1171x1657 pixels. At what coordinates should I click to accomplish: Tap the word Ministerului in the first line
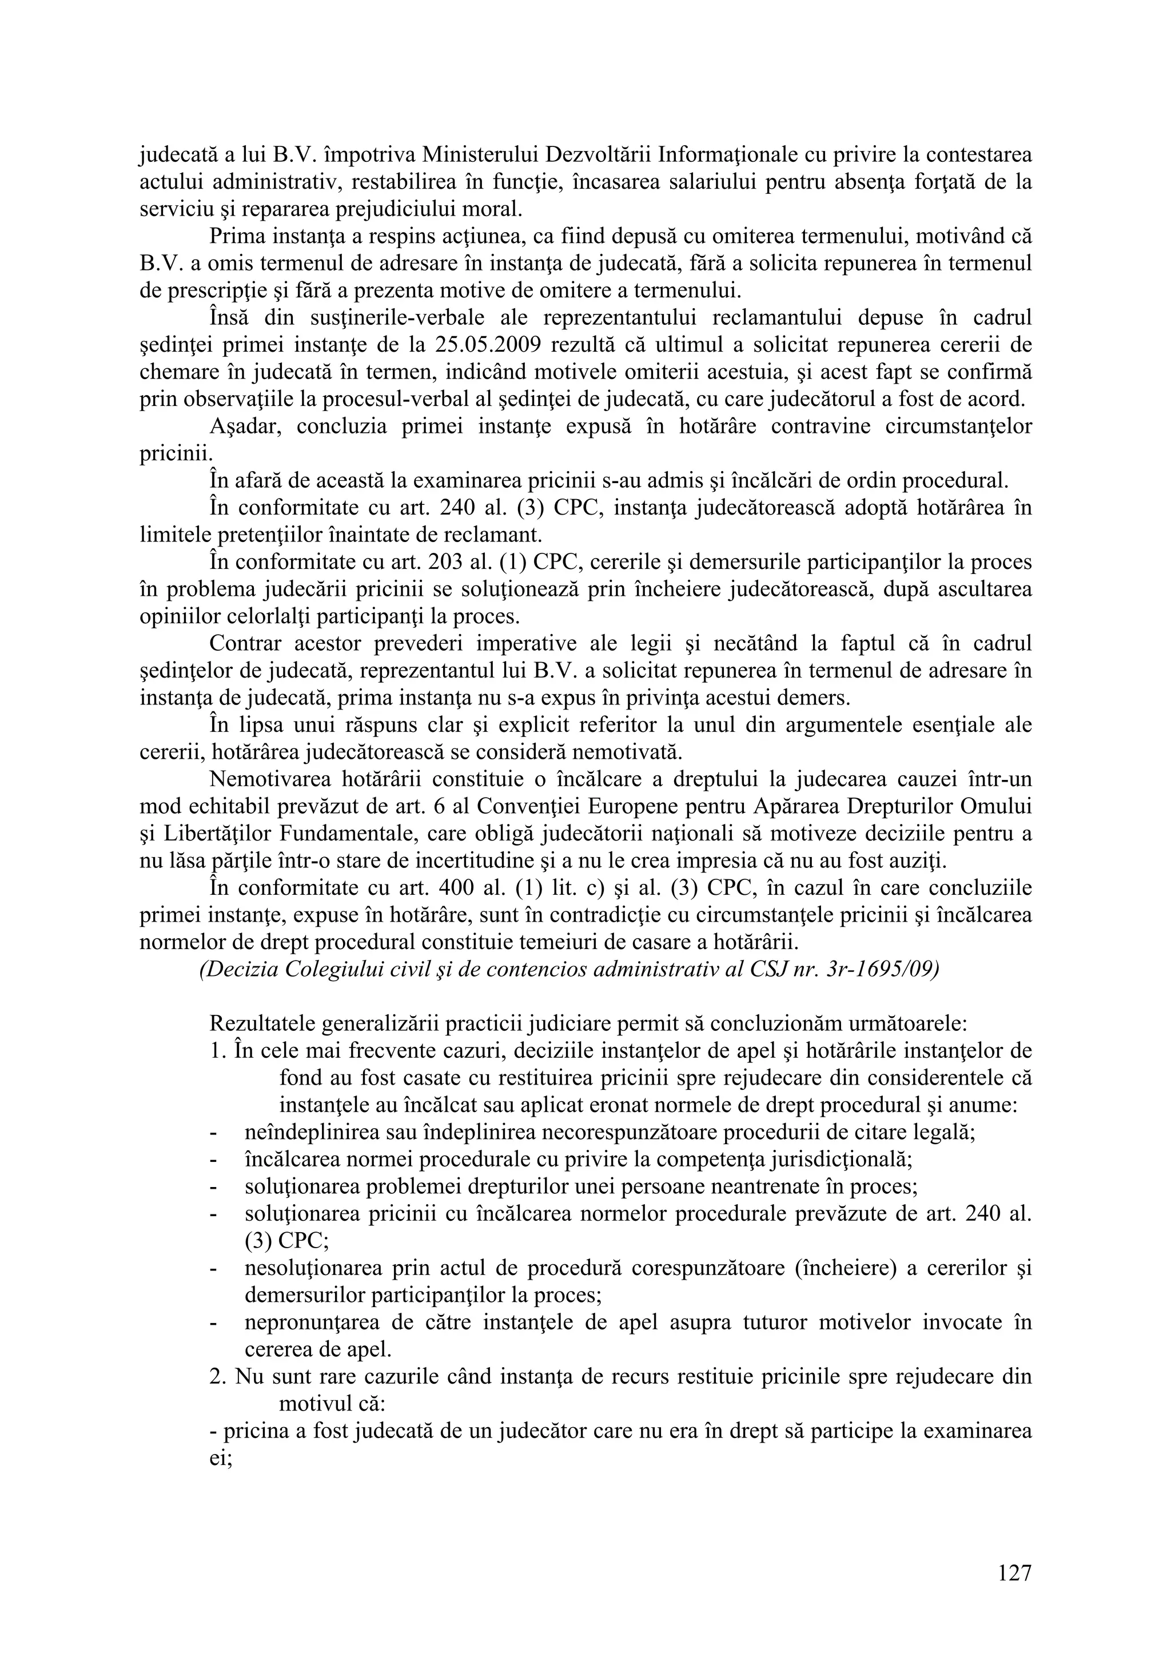click(x=482, y=154)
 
